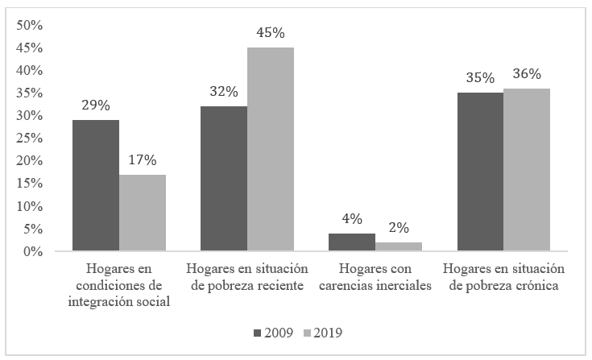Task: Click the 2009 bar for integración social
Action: tap(96, 186)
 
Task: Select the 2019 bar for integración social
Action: tap(143, 213)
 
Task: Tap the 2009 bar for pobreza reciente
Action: tap(224, 179)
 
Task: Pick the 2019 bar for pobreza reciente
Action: tap(271, 150)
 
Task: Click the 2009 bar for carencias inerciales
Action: tap(352, 242)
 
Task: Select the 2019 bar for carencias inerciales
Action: tap(399, 247)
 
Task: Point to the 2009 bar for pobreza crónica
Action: tap(480, 172)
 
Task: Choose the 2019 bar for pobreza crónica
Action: tap(527, 170)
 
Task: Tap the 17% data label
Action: tap(143, 160)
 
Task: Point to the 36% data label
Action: tap(527, 74)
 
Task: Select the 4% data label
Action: tap(352, 218)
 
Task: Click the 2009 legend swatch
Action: tap(257, 332)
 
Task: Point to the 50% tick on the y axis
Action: tap(30, 25)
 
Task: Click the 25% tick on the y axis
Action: tap(30, 139)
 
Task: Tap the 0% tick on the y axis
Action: tap(33, 252)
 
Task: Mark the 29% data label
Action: tap(96, 106)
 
